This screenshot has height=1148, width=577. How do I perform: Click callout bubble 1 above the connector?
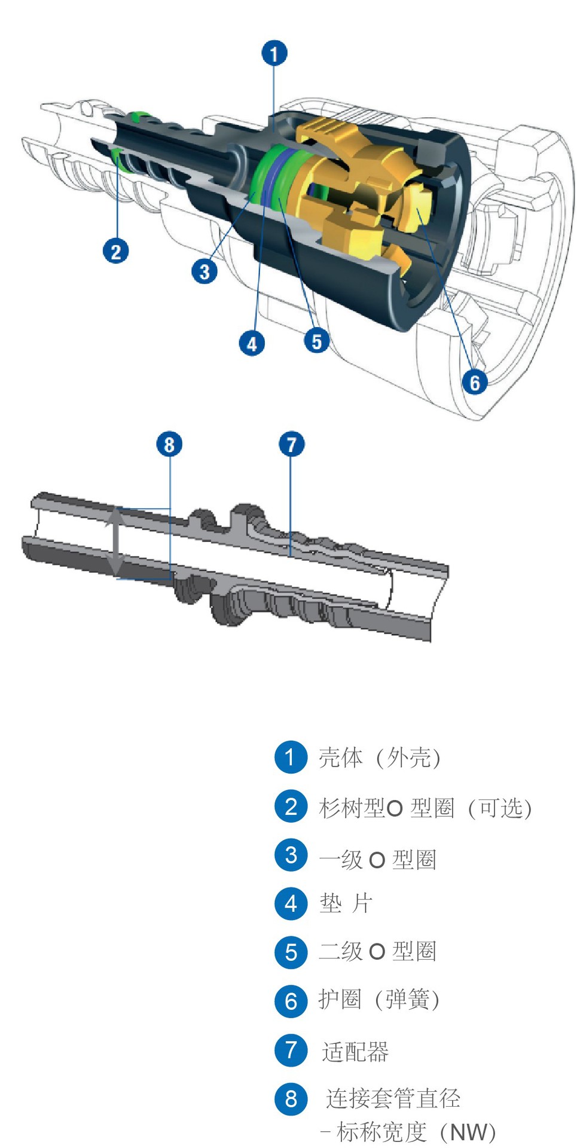point(274,54)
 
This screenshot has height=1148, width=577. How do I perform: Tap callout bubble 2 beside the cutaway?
point(115,251)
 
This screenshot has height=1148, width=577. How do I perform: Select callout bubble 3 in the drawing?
point(204,271)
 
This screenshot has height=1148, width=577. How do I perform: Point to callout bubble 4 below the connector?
point(252,343)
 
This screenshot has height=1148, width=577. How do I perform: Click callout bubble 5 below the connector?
point(316,341)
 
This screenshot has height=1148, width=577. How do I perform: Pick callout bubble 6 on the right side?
point(474,381)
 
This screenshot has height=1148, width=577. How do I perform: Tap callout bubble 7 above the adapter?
point(291,444)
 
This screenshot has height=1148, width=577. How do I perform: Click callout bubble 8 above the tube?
point(169,444)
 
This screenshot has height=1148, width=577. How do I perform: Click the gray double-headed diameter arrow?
point(115,543)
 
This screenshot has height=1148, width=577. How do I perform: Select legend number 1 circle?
point(291,757)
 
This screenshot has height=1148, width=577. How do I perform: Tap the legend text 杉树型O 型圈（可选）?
point(425,808)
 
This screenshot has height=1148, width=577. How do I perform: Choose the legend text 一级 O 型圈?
point(377,859)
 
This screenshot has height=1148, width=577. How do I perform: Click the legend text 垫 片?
point(346,903)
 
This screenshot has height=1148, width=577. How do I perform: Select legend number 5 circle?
point(291,952)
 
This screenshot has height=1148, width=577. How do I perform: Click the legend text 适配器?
point(355,1051)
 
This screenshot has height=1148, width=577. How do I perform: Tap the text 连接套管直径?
point(393,1098)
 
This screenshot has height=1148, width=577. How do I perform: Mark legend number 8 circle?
point(291,1098)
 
